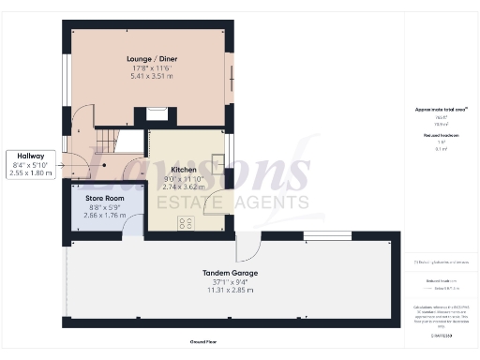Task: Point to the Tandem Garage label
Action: [x=230, y=273]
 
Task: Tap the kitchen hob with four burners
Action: [x=186, y=223]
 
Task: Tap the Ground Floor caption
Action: [x=204, y=342]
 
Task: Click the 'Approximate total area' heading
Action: [x=441, y=110]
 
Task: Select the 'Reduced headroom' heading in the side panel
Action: [x=441, y=136]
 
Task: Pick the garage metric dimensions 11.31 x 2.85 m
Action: [x=230, y=291]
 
